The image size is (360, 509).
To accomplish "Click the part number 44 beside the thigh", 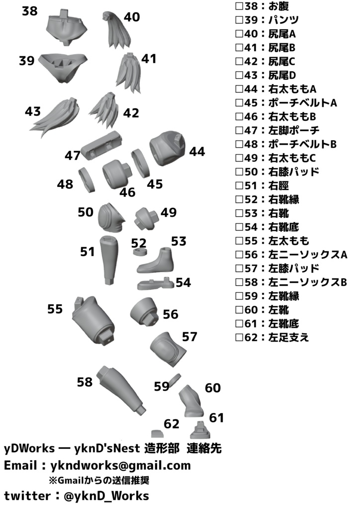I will click(x=197, y=152).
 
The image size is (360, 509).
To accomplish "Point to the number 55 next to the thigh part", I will click(x=55, y=309).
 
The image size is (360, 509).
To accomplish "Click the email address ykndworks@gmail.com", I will click(x=121, y=466).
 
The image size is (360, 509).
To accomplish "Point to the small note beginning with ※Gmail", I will click(x=99, y=481).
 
